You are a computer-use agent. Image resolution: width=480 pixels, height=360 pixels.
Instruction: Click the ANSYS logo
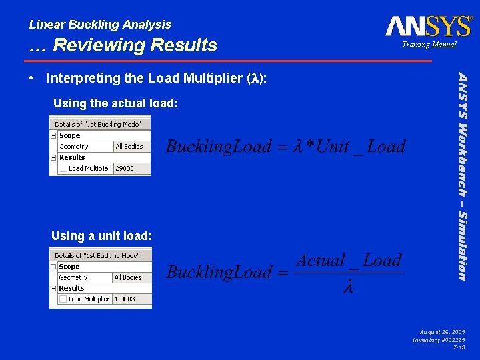click(x=428, y=26)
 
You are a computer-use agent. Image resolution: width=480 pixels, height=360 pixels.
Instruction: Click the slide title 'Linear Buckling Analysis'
click(x=100, y=25)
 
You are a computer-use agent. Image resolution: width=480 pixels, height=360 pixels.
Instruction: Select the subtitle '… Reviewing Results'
click(x=123, y=45)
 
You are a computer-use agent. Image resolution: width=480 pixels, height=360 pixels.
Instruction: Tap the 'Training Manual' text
click(x=429, y=45)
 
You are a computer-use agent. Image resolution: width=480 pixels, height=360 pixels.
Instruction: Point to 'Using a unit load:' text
click(x=102, y=236)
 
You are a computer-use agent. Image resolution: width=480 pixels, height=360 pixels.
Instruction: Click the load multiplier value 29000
click(x=125, y=169)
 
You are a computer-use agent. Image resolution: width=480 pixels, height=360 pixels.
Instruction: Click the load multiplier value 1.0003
click(x=125, y=299)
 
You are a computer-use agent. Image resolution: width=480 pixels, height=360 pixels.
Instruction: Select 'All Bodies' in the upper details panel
click(x=129, y=147)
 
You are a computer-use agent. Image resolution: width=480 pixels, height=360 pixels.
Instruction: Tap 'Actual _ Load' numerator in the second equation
click(x=349, y=261)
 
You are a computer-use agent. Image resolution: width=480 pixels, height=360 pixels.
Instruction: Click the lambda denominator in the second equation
click(x=348, y=287)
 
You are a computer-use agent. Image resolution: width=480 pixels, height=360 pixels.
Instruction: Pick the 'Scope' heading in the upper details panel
click(x=70, y=136)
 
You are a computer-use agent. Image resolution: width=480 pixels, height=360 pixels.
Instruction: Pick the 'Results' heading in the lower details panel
click(x=71, y=289)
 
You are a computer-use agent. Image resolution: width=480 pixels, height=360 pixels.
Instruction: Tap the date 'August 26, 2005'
click(x=443, y=331)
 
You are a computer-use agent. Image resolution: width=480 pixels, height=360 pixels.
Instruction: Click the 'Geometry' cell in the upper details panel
click(x=74, y=147)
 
